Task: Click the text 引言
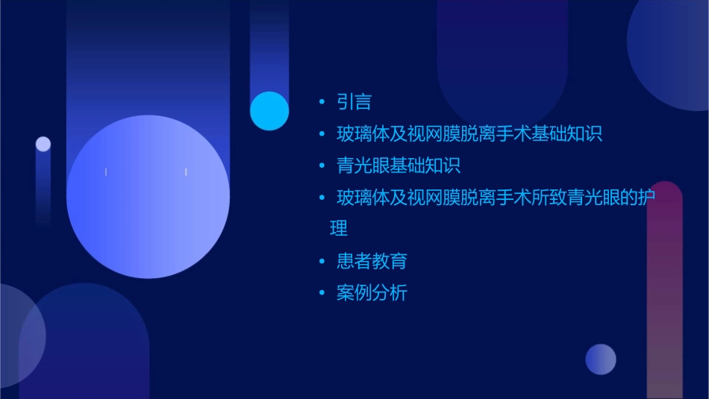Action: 354,102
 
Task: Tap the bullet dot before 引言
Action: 322,102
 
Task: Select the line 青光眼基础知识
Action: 399,166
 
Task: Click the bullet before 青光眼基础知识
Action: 322,166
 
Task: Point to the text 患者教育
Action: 372,261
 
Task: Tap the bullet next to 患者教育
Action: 322,261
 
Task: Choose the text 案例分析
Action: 372,293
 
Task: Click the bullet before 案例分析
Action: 322,293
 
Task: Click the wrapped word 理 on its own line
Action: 339,228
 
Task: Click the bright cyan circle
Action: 269,111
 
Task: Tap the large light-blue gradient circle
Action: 148,197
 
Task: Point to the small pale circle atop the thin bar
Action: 43,144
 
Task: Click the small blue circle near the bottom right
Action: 601,359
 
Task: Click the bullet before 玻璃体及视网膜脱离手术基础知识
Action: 322,134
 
